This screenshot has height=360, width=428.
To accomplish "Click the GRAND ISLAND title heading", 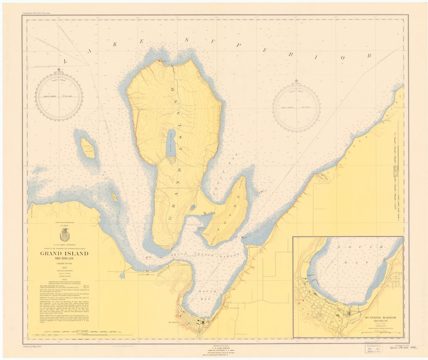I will (x=64, y=253).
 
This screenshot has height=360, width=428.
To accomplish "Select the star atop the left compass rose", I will (x=59, y=70).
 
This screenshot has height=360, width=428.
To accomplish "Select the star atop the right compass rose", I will (x=296, y=81).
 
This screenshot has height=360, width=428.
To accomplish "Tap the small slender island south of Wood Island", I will (x=114, y=196).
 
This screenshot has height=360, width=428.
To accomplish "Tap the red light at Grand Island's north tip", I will (x=160, y=61).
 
